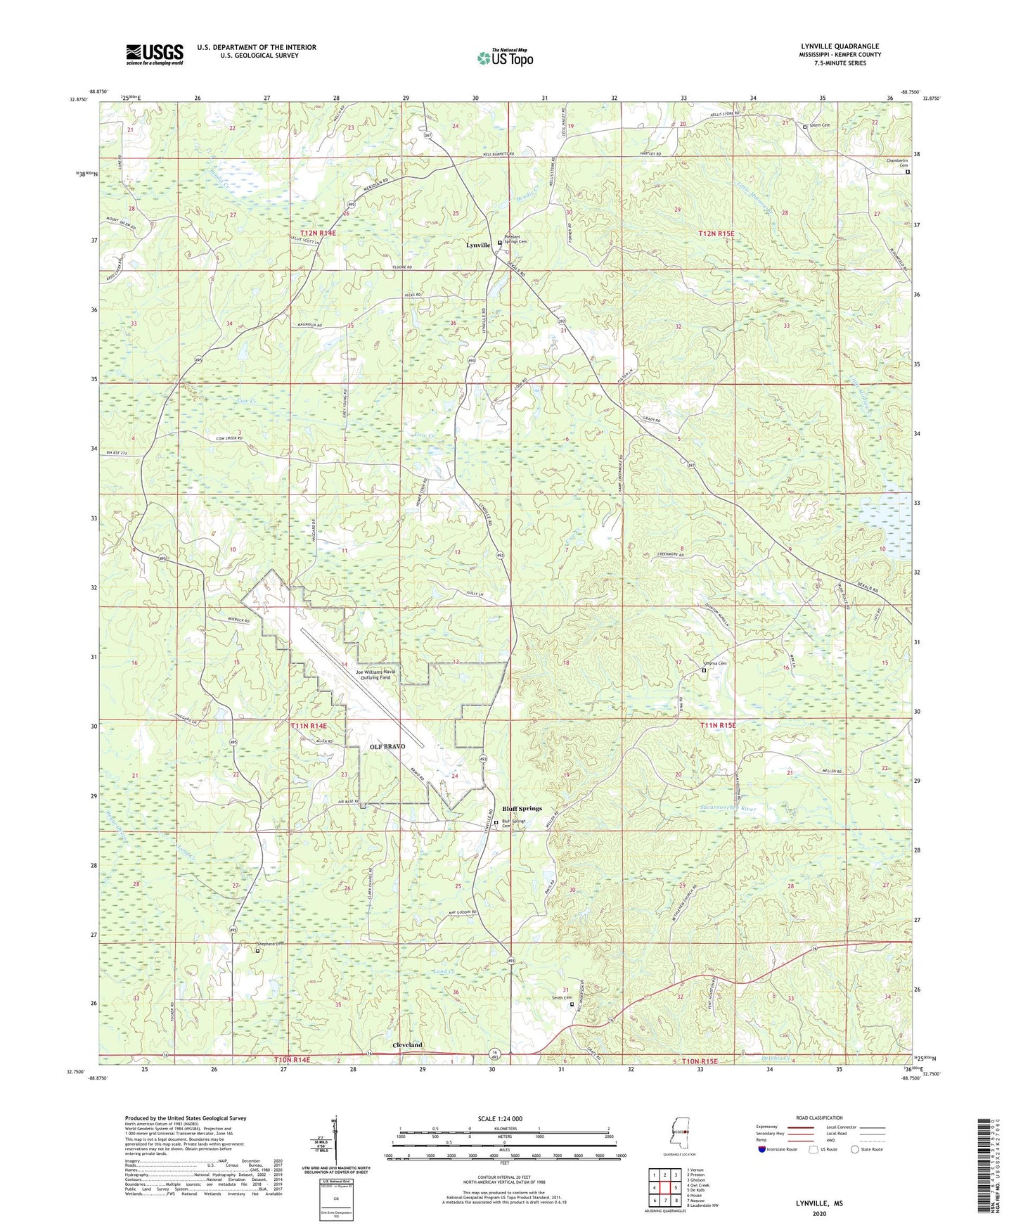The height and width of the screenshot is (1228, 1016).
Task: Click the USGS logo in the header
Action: click(x=155, y=54)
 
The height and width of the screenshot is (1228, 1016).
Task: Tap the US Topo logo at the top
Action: click(x=505, y=58)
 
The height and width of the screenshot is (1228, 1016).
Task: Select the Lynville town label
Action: click(x=478, y=245)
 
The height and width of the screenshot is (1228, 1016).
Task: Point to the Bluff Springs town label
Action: click(x=522, y=809)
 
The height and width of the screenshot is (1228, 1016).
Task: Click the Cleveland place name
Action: click(x=407, y=1045)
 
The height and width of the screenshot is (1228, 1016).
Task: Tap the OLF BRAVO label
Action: click(x=388, y=746)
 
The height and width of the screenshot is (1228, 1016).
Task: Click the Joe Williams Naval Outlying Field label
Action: click(x=375, y=674)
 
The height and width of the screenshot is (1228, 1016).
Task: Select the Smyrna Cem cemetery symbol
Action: click(x=704, y=670)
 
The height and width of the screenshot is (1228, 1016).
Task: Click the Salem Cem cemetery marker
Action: click(x=806, y=127)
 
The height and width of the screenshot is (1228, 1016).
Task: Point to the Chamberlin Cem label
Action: click(x=897, y=163)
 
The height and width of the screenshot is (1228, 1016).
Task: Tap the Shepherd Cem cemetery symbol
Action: click(x=257, y=951)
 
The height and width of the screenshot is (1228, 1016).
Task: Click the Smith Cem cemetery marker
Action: click(x=572, y=1004)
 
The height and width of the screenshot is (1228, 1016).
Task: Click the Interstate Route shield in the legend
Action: click(x=762, y=1150)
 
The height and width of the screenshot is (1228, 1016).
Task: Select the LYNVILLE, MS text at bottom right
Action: click(x=819, y=1203)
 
